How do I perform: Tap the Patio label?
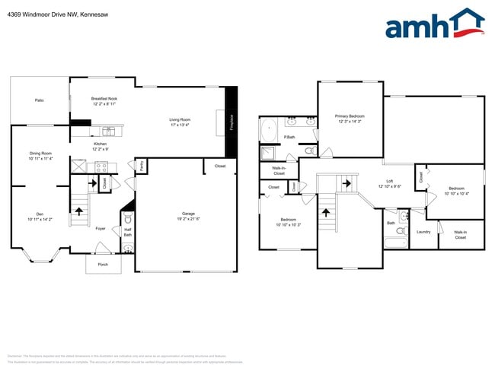[39, 100]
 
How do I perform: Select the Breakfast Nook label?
[104, 101]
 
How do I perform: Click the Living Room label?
[180, 122]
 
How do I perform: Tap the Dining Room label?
[40, 156]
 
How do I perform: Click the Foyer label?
[100, 228]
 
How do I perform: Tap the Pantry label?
[141, 166]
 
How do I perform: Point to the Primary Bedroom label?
[350, 119]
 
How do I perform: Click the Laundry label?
[423, 232]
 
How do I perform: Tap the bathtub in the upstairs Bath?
[395, 244]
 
